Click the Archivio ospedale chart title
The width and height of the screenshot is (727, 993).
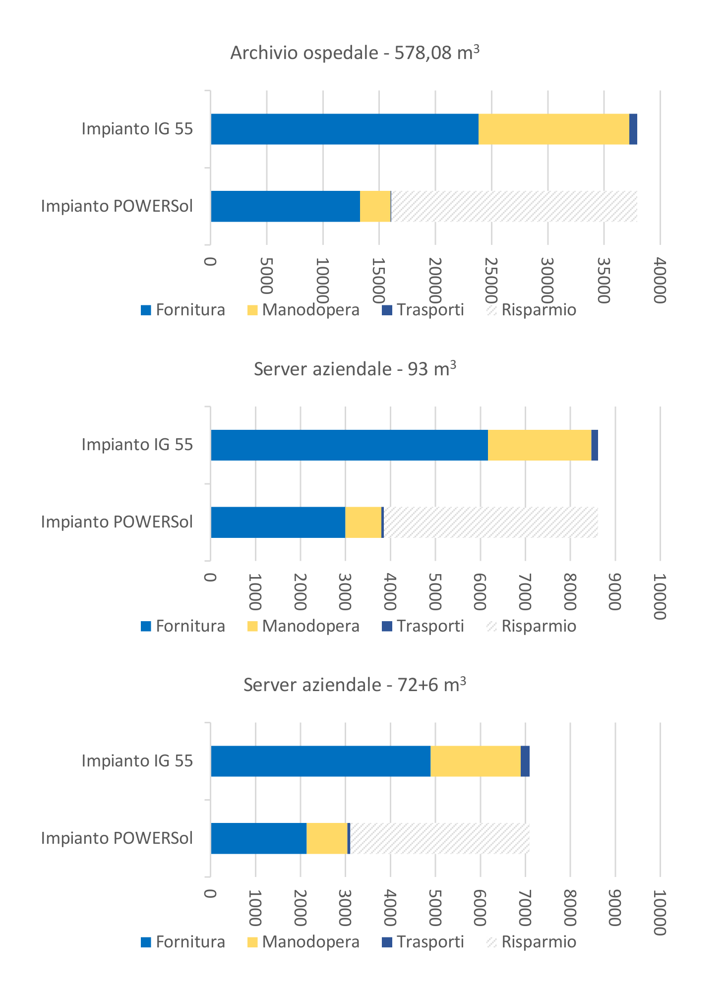[355, 53]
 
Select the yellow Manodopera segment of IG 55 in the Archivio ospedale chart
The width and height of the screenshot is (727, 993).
[553, 129]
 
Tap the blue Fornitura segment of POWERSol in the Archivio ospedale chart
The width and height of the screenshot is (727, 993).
[285, 206]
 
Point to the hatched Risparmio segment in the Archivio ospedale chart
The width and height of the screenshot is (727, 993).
[514, 206]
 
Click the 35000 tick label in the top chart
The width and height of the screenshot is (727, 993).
[604, 280]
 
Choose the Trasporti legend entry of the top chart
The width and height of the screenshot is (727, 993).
[423, 310]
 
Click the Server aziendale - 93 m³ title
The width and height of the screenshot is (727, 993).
[355, 369]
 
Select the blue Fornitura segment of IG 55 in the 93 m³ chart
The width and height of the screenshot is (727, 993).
[349, 445]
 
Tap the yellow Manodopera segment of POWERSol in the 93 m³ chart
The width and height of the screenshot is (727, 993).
[363, 522]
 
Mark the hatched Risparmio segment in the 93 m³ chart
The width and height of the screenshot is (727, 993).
[491, 522]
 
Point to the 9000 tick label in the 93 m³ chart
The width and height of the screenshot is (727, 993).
[615, 592]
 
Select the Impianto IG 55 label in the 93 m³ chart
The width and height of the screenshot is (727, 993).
[137, 445]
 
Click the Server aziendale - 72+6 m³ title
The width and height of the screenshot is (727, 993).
[355, 685]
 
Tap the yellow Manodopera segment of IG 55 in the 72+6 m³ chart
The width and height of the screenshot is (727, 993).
[475, 761]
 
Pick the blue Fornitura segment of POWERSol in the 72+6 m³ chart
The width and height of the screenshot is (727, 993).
[258, 838]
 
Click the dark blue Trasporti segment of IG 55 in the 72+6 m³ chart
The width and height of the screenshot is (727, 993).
[525, 761]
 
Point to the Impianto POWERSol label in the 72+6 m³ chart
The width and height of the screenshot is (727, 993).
[117, 838]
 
